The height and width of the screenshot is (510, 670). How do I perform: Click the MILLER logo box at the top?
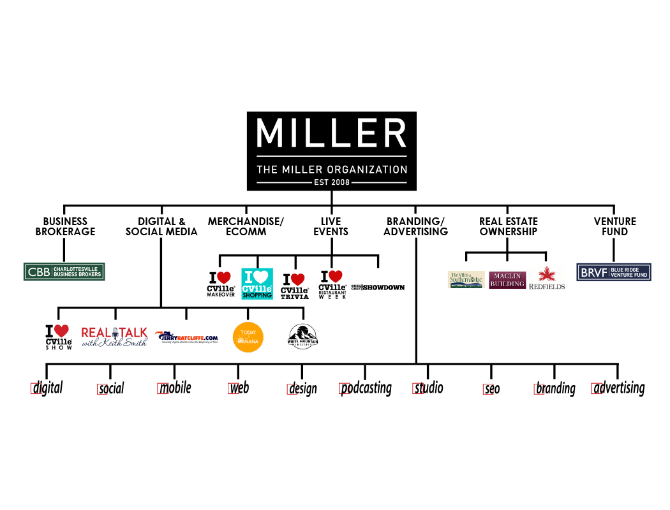point(331,151)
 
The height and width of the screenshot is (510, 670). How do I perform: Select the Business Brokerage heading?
point(65,226)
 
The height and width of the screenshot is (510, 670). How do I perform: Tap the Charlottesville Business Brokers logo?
point(64,272)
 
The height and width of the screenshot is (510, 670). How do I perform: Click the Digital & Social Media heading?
point(161,226)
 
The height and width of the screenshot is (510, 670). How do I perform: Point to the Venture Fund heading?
point(614,226)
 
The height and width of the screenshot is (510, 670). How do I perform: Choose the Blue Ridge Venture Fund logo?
point(613,272)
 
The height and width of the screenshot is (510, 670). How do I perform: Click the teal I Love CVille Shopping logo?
point(257,284)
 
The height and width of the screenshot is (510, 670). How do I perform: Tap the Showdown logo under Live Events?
point(378,288)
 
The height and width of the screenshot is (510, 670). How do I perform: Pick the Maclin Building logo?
point(507,280)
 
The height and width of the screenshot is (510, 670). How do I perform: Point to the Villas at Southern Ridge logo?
point(466,280)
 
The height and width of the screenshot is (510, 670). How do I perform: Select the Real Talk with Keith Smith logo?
point(114,336)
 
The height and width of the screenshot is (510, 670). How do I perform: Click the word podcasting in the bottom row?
point(366,388)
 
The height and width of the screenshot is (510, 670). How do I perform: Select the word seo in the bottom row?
point(491,388)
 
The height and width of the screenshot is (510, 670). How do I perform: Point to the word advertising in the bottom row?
point(618,388)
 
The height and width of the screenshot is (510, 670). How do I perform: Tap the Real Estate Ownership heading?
point(508,226)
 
